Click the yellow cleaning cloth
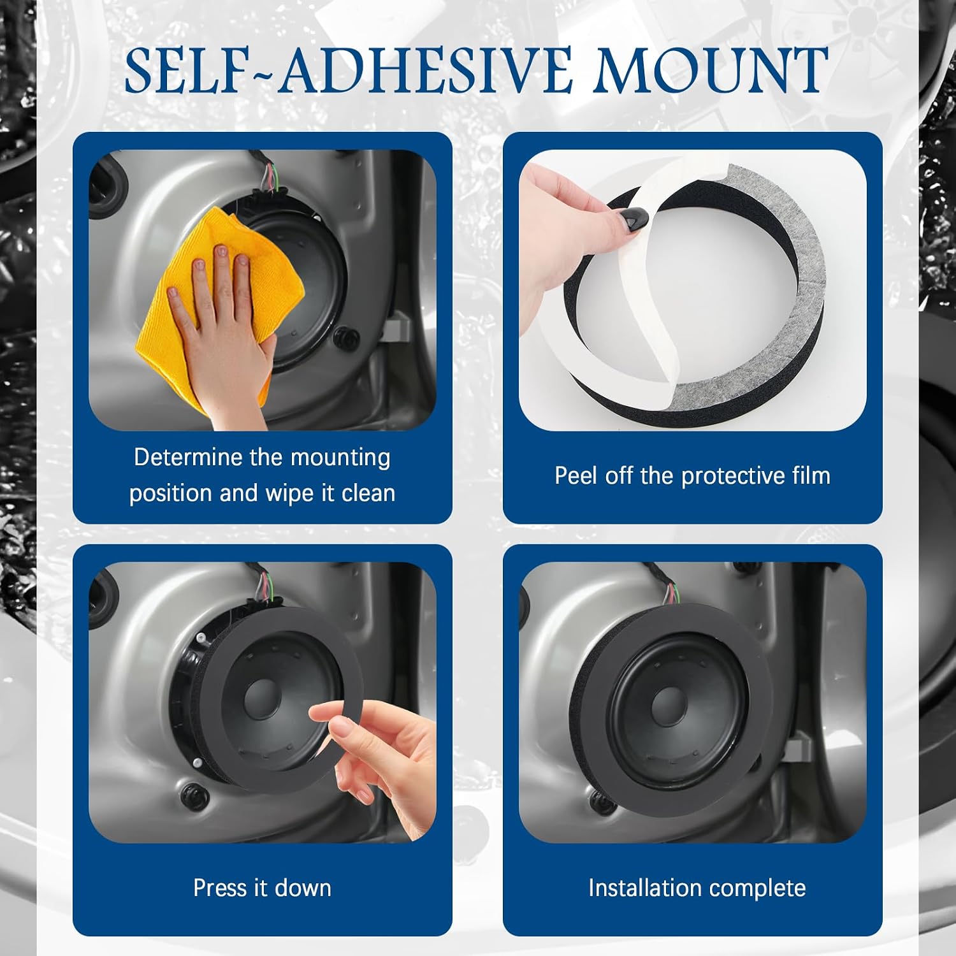pyautogui.click(x=204, y=303)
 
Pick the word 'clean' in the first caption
pyautogui.click(x=368, y=493)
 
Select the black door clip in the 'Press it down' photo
pyautogui.click(x=191, y=794)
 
